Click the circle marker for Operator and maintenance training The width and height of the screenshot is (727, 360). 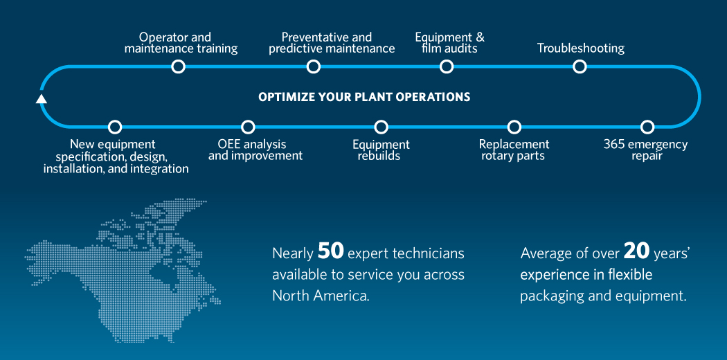[x=179, y=66]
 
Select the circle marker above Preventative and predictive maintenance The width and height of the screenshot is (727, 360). [x=314, y=66]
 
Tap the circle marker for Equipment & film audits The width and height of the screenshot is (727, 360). [x=447, y=66]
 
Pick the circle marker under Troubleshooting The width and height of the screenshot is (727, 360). [x=580, y=66]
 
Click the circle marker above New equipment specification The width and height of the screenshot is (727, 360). [x=116, y=127]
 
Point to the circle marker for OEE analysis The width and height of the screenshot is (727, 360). [x=248, y=127]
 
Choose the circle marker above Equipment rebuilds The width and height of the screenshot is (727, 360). [x=381, y=127]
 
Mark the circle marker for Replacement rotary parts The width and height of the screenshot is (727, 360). [x=514, y=127]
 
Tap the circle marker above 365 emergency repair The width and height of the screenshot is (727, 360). [x=647, y=127]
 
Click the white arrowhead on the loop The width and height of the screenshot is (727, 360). [x=42, y=98]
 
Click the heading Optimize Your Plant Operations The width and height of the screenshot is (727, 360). [x=364, y=97]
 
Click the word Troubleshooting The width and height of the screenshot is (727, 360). [x=581, y=48]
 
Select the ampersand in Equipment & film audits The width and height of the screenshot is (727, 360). [x=480, y=37]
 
